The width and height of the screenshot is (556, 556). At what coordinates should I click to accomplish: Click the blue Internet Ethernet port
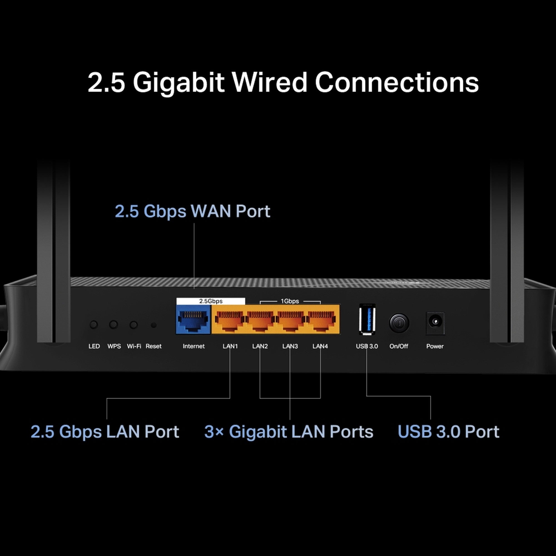point(193,319)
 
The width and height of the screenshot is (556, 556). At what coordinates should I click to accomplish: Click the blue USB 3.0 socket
point(367,319)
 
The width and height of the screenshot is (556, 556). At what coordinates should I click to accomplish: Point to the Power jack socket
point(435,322)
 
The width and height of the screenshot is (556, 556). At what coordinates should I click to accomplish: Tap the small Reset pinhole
point(154,325)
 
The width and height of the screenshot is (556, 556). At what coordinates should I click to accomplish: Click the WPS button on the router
point(113,325)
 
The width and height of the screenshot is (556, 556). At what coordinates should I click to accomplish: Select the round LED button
point(93,325)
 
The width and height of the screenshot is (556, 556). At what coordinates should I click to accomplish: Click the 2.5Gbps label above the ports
point(211,301)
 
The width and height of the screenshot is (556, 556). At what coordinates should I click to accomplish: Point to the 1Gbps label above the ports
point(290,301)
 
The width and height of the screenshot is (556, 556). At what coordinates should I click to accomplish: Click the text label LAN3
point(290,346)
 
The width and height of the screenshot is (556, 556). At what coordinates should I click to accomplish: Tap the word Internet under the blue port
point(193,346)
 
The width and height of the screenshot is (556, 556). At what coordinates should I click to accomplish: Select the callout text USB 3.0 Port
point(448,431)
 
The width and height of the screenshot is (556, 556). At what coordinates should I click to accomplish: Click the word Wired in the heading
point(270,82)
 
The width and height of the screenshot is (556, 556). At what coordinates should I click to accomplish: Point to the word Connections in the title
point(397,82)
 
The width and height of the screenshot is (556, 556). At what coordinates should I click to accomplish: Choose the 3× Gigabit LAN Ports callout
point(289,431)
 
